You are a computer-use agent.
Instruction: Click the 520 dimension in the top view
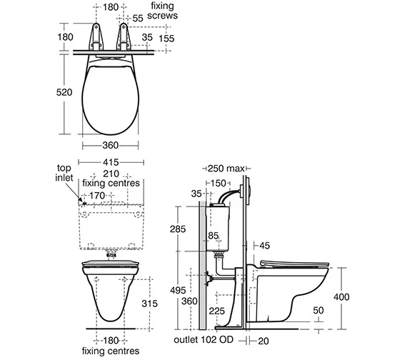coord(64,92)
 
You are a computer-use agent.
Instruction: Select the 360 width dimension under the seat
coord(110,145)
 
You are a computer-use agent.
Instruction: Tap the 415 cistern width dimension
coord(111,162)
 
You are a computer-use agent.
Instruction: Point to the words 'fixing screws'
coord(163,11)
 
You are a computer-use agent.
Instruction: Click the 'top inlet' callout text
coord(64,173)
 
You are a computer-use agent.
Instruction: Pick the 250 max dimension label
coord(226,169)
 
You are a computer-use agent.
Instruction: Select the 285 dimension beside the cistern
coord(178,229)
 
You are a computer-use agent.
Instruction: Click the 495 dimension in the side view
coord(178,290)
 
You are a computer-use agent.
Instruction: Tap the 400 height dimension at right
coord(341,296)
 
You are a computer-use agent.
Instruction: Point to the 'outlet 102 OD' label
coord(203,339)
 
